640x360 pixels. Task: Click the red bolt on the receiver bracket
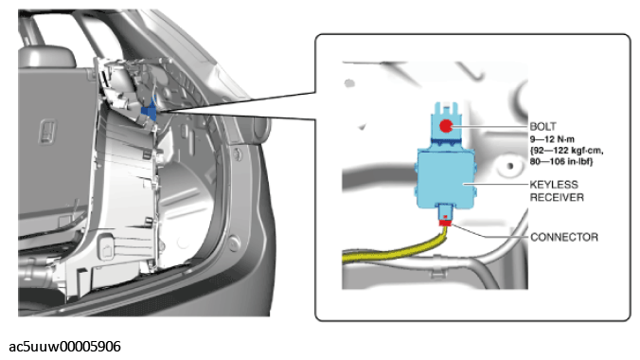point(446,126)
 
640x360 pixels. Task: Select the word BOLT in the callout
point(542,127)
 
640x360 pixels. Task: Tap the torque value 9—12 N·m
point(552,139)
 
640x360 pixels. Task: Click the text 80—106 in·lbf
point(561,161)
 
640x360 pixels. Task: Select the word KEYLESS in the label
point(554,185)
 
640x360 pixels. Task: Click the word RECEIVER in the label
point(557,197)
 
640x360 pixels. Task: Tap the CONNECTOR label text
point(564,237)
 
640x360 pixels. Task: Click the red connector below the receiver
point(445,223)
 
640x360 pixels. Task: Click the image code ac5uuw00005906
point(65,347)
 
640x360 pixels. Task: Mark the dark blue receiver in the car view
point(150,111)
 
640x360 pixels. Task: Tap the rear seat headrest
point(46,57)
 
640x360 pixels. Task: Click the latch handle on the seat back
point(47,131)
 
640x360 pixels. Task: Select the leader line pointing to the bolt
point(490,127)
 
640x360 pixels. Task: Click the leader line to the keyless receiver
point(495,185)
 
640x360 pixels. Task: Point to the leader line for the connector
point(489,232)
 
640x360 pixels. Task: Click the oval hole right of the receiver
point(509,166)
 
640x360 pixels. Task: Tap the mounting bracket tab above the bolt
point(445,109)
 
